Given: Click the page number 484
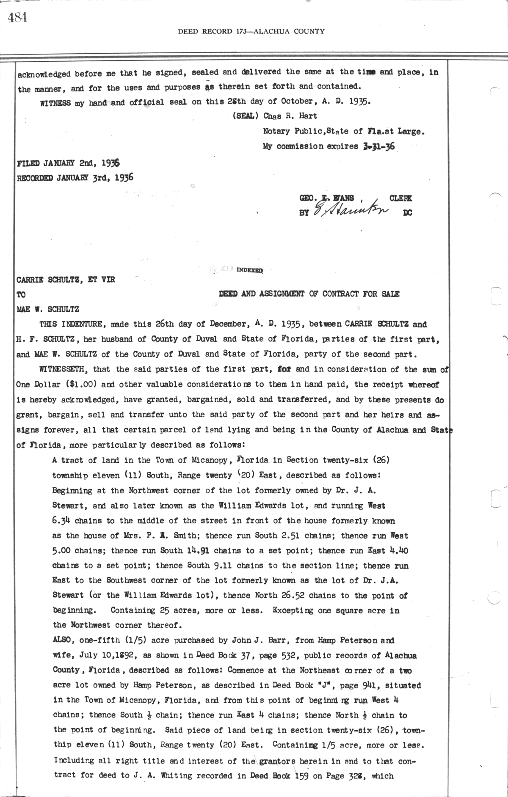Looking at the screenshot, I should coord(17,17).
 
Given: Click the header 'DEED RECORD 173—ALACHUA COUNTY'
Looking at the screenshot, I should coord(251,31).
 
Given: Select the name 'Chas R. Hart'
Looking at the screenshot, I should coord(290,116).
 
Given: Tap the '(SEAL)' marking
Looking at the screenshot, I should coord(246,116).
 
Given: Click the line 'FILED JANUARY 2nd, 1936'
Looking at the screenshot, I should coord(68,163).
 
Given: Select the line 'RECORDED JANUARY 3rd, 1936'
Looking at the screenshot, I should coord(75,178).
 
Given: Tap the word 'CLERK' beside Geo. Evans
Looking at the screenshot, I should coord(400,198).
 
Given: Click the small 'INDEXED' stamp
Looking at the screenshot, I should coord(250,269).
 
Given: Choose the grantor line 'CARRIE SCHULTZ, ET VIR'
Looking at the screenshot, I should coord(66,280).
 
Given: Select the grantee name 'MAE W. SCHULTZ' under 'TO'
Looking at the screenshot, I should coord(47,309).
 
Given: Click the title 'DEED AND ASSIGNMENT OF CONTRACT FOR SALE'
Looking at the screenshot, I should coord(309,294).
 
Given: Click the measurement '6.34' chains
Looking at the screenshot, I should coord(61,520).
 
